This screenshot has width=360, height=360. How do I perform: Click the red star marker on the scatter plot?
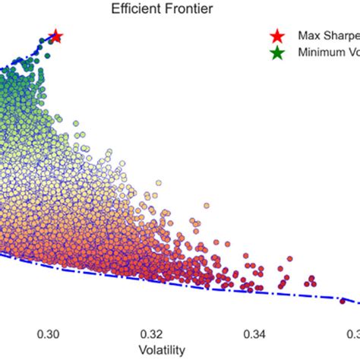(55, 36)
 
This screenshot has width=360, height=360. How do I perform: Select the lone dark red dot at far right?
(343, 301)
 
